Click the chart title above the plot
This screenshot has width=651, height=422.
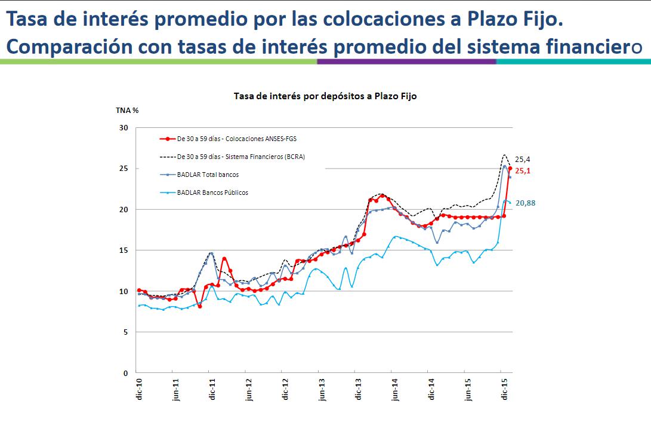(x=325, y=96)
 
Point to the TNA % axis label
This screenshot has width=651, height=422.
(x=127, y=111)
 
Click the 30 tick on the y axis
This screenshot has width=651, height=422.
(x=124, y=128)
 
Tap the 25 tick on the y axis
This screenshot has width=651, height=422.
(x=124, y=169)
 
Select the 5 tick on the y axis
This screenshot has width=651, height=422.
(x=126, y=332)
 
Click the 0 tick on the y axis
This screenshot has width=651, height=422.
(x=126, y=373)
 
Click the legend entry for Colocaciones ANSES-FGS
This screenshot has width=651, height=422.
(x=237, y=139)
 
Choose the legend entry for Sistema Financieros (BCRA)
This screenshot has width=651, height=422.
(x=245, y=157)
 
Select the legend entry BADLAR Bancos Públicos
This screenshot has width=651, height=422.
(x=212, y=192)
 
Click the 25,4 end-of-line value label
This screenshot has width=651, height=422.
(x=522, y=160)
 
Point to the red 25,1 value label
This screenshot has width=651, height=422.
(x=523, y=171)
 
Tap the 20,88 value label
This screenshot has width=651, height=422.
(x=525, y=203)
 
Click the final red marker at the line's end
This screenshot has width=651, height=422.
(x=510, y=169)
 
